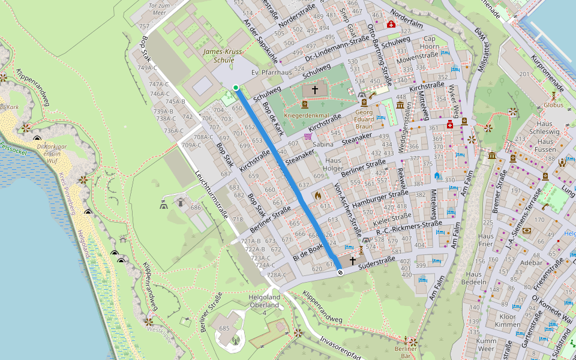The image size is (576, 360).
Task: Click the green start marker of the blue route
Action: coord(236,88)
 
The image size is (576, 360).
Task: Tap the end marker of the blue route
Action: coord(340,272)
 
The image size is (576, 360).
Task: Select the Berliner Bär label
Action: coord(405,352)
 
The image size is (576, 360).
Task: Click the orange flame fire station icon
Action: coord(318,196)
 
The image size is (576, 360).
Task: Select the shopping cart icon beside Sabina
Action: coord(308,137)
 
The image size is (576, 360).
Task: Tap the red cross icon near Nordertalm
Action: coord(391,25)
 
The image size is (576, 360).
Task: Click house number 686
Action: coord(196,208)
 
